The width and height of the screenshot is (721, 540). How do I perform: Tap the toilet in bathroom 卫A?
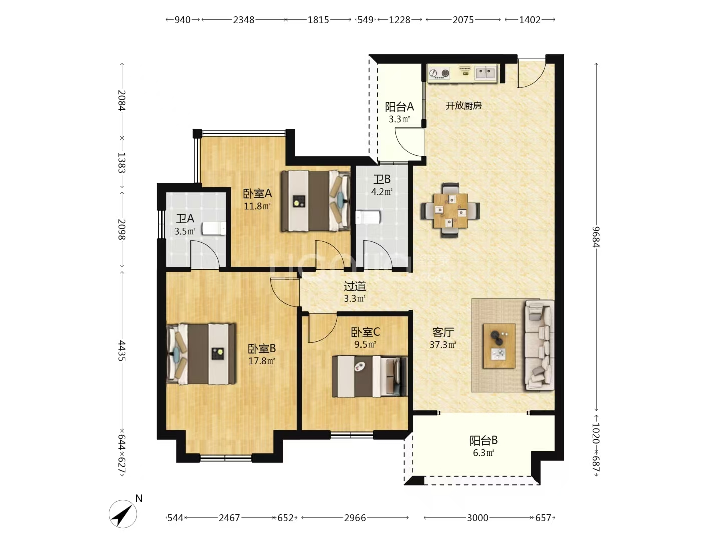coord(214,229)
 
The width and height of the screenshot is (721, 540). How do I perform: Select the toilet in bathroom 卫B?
coord(368,217)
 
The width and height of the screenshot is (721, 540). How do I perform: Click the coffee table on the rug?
coord(499,346)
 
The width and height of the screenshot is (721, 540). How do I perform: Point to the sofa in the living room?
coord(539,345)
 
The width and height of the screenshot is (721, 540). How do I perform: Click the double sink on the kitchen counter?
coord(485,73)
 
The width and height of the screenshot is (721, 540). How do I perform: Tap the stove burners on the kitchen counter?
coord(439,73)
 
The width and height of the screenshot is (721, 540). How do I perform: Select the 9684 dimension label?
coord(596,237)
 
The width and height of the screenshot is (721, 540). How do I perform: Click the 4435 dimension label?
coord(122,350)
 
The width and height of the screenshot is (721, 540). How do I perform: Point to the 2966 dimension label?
coord(355,518)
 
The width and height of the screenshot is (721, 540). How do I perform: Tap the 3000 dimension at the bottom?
coord(477,518)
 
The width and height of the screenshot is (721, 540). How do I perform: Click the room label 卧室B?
coord(262,349)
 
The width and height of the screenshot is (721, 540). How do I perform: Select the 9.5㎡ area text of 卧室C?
coord(365,344)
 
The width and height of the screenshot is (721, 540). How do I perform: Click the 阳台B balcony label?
coord(484,440)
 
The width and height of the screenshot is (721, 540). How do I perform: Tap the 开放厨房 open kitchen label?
coord(464,106)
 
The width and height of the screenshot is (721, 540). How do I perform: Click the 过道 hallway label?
coord(355,286)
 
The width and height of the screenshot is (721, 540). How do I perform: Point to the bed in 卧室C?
coord(370,376)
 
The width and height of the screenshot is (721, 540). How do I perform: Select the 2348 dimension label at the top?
coord(244,20)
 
